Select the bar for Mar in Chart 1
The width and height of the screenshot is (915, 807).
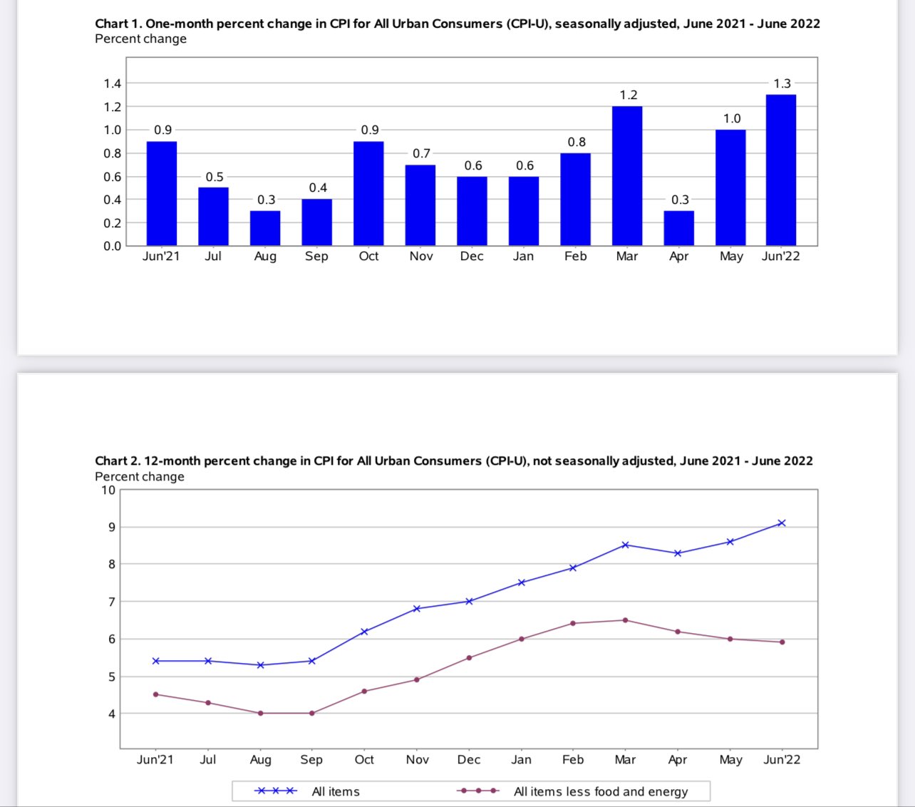click(x=627, y=176)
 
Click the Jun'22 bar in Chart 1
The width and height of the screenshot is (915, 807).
click(x=781, y=170)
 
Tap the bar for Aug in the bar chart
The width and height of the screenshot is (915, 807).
click(x=265, y=228)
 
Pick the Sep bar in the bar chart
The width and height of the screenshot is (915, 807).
click(x=317, y=222)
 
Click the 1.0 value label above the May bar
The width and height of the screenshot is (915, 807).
click(x=732, y=118)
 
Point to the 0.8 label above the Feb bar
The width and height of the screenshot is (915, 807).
click(x=577, y=142)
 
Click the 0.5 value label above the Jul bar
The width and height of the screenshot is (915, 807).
click(x=214, y=177)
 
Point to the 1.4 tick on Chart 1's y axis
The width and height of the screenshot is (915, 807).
click(x=113, y=83)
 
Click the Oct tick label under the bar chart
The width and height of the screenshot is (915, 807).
click(x=368, y=256)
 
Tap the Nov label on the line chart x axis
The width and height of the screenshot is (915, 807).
click(x=418, y=759)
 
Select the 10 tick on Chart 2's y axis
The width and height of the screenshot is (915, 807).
click(x=108, y=490)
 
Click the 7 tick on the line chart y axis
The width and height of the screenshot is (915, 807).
click(x=111, y=602)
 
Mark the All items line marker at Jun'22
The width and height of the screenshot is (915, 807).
click(x=782, y=523)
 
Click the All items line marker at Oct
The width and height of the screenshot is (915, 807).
click(x=364, y=632)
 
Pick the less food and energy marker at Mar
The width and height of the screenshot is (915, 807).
click(x=626, y=620)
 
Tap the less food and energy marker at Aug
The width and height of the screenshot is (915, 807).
click(x=260, y=713)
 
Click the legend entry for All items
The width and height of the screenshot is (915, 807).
click(x=335, y=791)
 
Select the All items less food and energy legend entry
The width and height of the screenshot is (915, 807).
click(x=600, y=791)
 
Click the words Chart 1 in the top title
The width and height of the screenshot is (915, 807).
click(x=118, y=24)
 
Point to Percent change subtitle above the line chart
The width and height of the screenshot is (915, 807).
click(x=140, y=476)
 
